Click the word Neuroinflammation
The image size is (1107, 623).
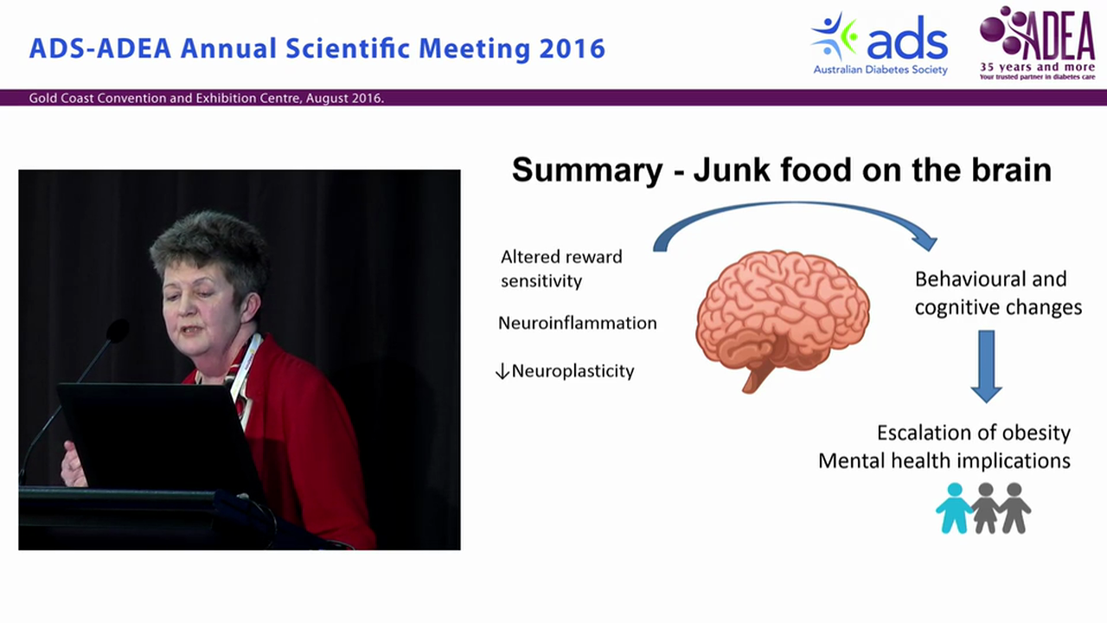point(577,324)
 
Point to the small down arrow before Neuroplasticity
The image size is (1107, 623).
point(502,371)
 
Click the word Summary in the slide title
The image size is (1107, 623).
point(586,170)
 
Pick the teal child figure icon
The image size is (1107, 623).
point(954,508)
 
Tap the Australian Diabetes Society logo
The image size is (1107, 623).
point(880,43)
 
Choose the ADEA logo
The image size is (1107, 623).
point(1037,42)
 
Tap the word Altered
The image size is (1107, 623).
point(530,257)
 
